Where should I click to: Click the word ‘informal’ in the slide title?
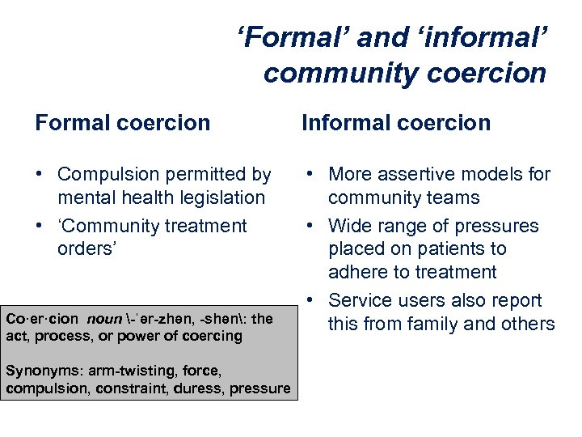point(483,37)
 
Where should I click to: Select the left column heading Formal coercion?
point(122,123)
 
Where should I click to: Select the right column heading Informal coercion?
point(396,123)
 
